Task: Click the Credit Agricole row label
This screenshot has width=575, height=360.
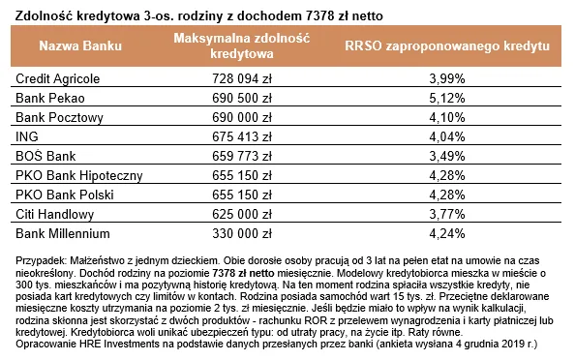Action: [58, 76]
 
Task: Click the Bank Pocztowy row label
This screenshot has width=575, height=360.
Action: [54, 116]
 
